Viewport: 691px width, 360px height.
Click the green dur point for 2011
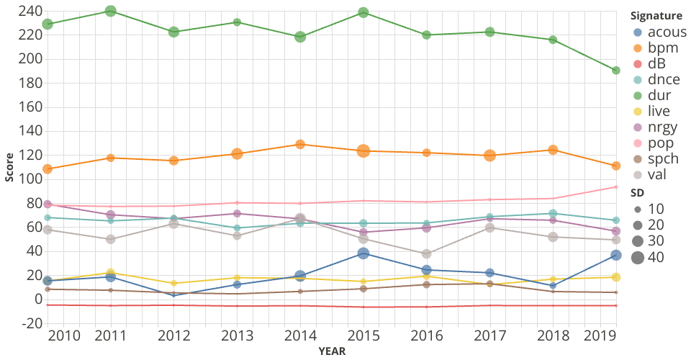[111, 12]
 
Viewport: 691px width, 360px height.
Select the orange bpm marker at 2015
[363, 150]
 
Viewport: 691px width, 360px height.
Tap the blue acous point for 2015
[363, 253]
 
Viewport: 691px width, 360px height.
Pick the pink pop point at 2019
[616, 187]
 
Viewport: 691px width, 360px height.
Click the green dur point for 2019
[616, 71]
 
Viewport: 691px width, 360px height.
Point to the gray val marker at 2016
[427, 254]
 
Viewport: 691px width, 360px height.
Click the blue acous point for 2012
[174, 295]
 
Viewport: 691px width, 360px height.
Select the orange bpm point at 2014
[300, 145]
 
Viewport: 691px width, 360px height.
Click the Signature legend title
[656, 16]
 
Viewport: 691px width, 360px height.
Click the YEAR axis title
[332, 351]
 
